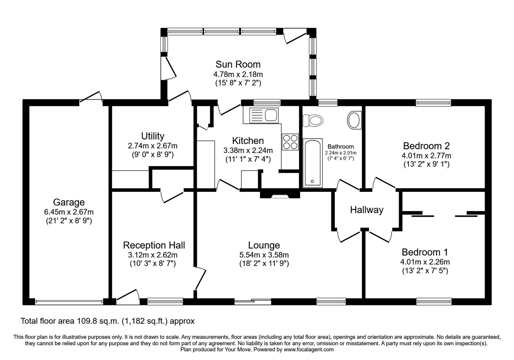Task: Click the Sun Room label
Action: tap(238, 64)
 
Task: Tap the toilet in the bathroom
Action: tap(314, 121)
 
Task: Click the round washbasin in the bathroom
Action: tap(354, 120)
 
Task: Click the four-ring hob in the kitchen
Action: tap(290, 142)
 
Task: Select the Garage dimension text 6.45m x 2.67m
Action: tap(69, 212)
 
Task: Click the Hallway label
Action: tap(367, 210)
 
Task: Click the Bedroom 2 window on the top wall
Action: tap(433, 103)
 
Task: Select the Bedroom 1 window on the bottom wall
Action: tap(434, 301)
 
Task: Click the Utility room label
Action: tap(153, 136)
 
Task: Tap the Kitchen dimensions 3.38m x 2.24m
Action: tap(248, 150)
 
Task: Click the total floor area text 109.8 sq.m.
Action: tap(108, 320)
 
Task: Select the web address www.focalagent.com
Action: tap(308, 349)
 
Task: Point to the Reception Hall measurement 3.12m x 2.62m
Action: tap(154, 255)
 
